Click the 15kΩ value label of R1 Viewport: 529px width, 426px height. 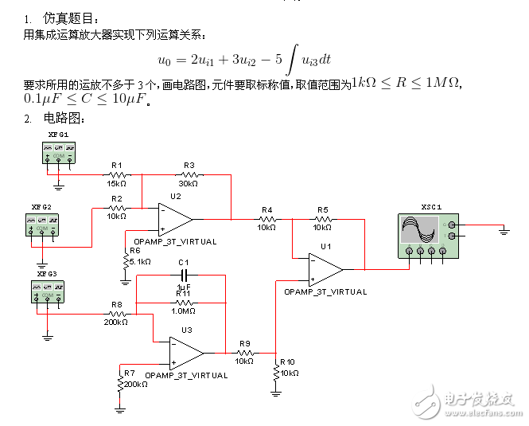point(116,183)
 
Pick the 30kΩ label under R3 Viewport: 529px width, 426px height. point(189,183)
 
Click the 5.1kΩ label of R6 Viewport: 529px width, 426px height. point(139,261)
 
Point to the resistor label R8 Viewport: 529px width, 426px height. point(117,304)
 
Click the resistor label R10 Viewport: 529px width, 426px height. point(287,362)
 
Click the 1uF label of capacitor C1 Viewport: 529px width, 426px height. point(184,287)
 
